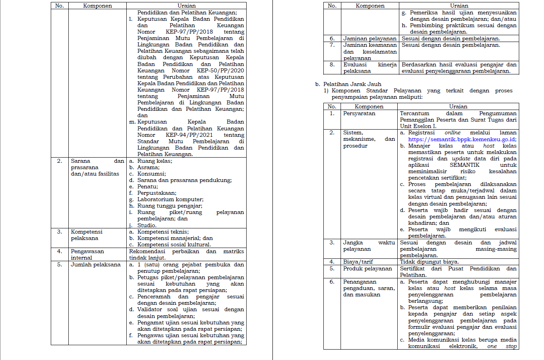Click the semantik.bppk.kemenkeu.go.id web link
click(x=462, y=139)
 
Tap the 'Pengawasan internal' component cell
click(x=87, y=254)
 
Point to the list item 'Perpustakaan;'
click(x=157, y=193)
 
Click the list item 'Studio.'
click(x=147, y=225)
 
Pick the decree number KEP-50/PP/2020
click(x=220, y=70)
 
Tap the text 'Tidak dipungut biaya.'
click(x=429, y=262)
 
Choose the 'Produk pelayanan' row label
click(x=367, y=268)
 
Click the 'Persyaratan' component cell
click(x=359, y=113)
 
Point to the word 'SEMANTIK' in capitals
click(x=464, y=165)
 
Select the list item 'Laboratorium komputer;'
click(x=170, y=199)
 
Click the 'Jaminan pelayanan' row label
click(x=370, y=38)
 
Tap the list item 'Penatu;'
click(x=147, y=186)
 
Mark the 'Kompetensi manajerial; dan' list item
click(x=175, y=238)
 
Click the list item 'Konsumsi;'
click(x=151, y=174)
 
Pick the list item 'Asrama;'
click(x=148, y=167)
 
